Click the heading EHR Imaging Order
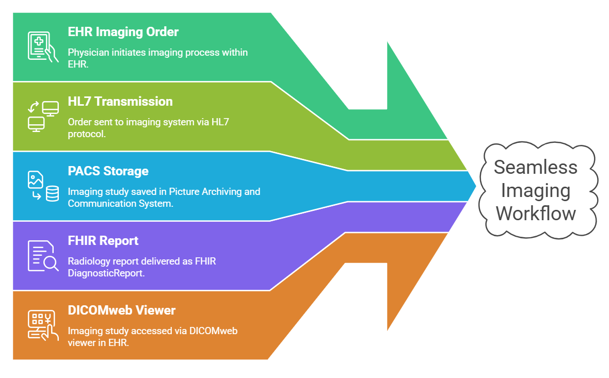[x=123, y=32]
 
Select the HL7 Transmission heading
[x=120, y=102]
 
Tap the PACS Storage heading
[x=108, y=171]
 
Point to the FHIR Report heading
[x=103, y=241]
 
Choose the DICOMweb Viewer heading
[x=122, y=310]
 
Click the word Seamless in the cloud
[x=535, y=167]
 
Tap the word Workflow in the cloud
[x=536, y=213]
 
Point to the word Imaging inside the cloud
[x=535, y=190]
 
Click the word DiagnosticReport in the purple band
[x=105, y=273]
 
